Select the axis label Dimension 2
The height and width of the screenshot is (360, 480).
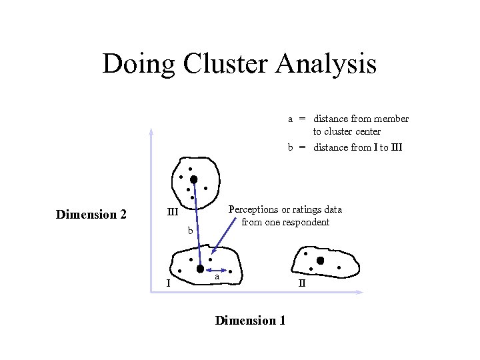coord(91,215)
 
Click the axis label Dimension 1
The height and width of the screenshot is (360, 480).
coord(250,321)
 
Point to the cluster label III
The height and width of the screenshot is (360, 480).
coord(172,213)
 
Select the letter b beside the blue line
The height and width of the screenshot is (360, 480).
coord(190,231)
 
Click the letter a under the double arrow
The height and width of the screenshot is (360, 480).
coord(217,276)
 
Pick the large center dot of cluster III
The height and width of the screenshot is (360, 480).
coord(193,179)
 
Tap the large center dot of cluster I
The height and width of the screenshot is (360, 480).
coord(200,269)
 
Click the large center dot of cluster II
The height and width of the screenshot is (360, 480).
coord(320,261)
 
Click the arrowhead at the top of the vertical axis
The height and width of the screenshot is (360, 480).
coord(151,130)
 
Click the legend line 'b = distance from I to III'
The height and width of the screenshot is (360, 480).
coord(345,147)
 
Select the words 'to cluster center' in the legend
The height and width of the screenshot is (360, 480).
coord(347,131)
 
